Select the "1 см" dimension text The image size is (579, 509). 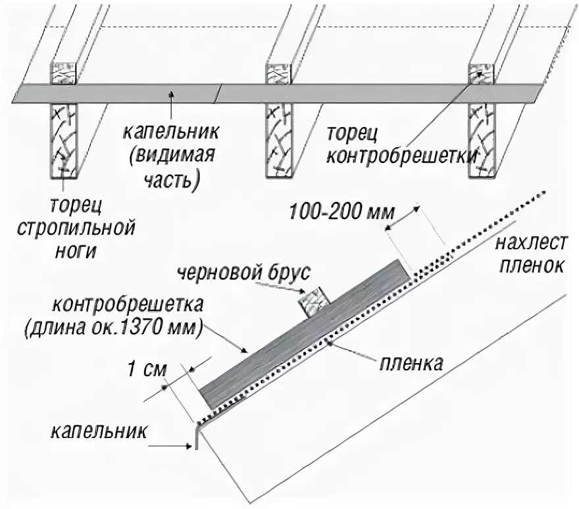143,368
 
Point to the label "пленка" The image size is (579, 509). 410,364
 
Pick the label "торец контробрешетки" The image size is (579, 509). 401,145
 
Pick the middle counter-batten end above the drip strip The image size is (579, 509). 278,74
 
